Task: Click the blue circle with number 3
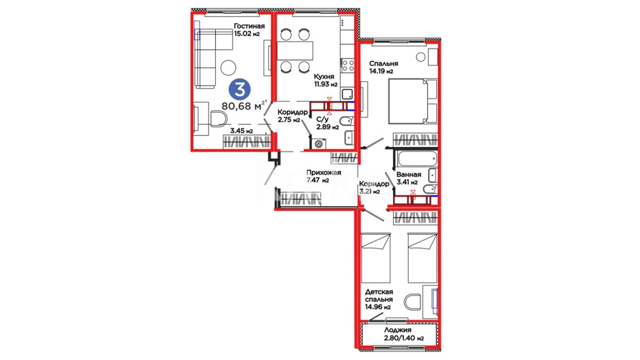point(239,89)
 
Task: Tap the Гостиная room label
point(249,26)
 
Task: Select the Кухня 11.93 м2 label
point(326,80)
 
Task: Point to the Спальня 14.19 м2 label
point(383,67)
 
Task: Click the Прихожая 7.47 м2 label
point(323,176)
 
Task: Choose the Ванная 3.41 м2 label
point(409,178)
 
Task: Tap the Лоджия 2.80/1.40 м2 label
point(404,334)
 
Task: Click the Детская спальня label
point(379,296)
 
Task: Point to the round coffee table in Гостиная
point(228,67)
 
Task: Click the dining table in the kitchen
point(295,51)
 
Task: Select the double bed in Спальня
point(413,101)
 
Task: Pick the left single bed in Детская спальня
point(376,258)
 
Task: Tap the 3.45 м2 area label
point(241,131)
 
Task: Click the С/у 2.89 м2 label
point(327,123)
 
